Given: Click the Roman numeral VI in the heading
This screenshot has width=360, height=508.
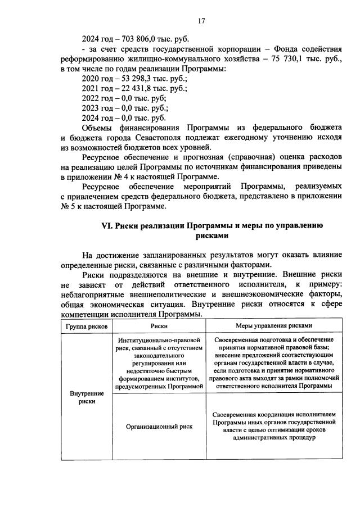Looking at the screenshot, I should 106,227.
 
